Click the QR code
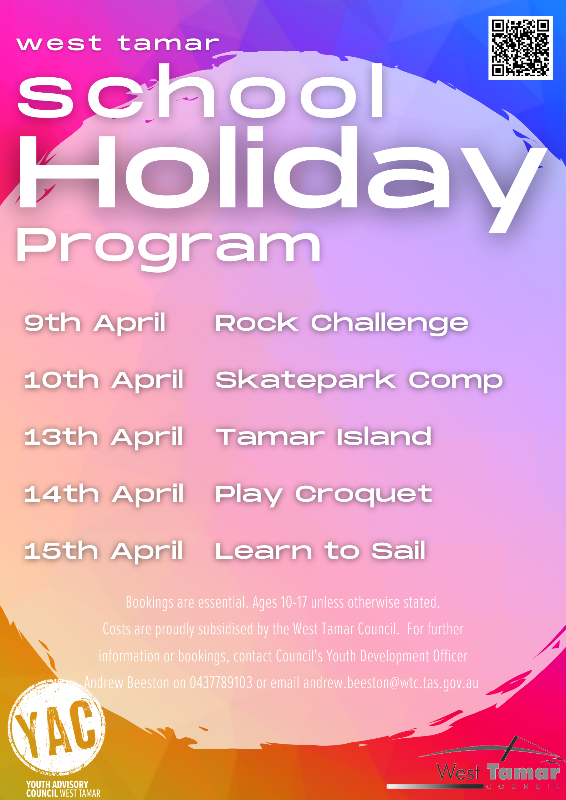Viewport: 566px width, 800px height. [x=520, y=48]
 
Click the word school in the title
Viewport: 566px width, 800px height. [x=201, y=91]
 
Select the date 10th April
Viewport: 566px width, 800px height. [x=104, y=380]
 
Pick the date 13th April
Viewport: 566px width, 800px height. [x=104, y=437]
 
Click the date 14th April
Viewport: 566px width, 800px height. [x=104, y=494]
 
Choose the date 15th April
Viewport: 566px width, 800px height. [x=104, y=551]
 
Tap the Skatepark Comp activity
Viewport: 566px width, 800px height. [x=359, y=380]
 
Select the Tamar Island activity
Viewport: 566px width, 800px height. [x=324, y=437]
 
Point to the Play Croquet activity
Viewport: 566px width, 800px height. [x=323, y=494]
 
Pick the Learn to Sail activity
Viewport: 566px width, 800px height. [x=320, y=551]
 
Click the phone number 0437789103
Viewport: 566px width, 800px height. [x=221, y=683]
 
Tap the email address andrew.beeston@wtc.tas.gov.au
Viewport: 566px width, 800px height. [x=391, y=683]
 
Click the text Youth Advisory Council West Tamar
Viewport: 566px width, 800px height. [x=63, y=789]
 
